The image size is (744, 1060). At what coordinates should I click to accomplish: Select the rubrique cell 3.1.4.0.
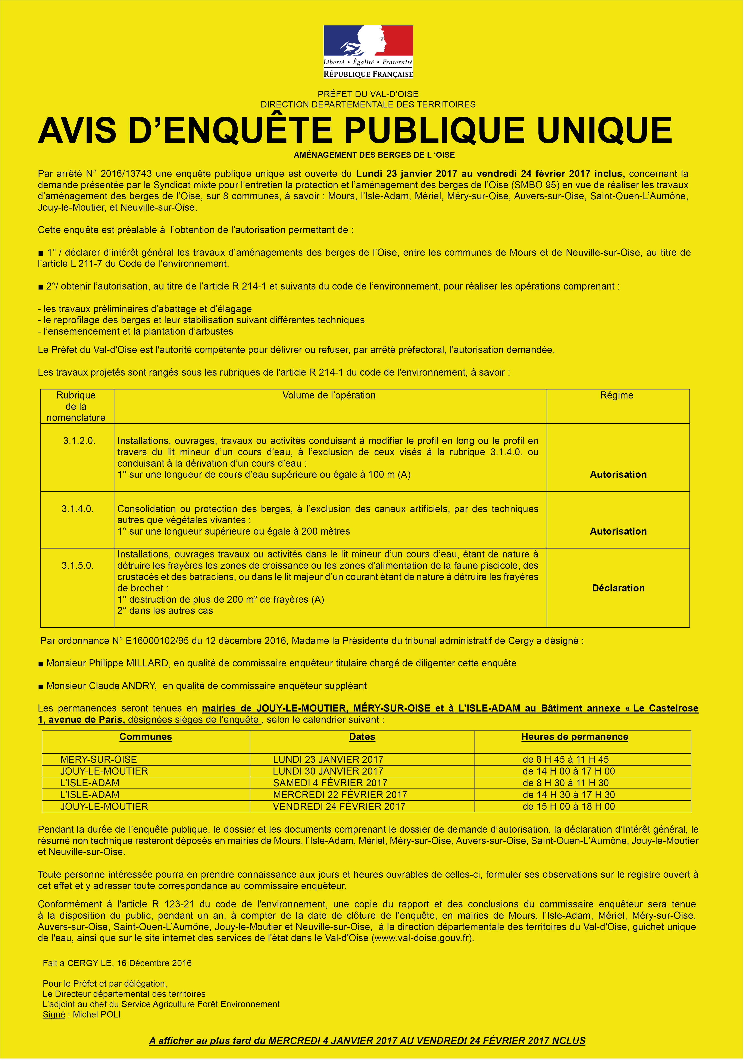(x=78, y=509)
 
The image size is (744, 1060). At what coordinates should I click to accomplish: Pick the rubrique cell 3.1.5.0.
(x=78, y=566)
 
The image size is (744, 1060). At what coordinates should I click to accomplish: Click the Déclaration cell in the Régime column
(x=618, y=588)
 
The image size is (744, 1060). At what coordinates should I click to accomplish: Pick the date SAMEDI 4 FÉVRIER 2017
(x=330, y=783)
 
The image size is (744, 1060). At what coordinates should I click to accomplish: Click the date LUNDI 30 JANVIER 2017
(x=328, y=771)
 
